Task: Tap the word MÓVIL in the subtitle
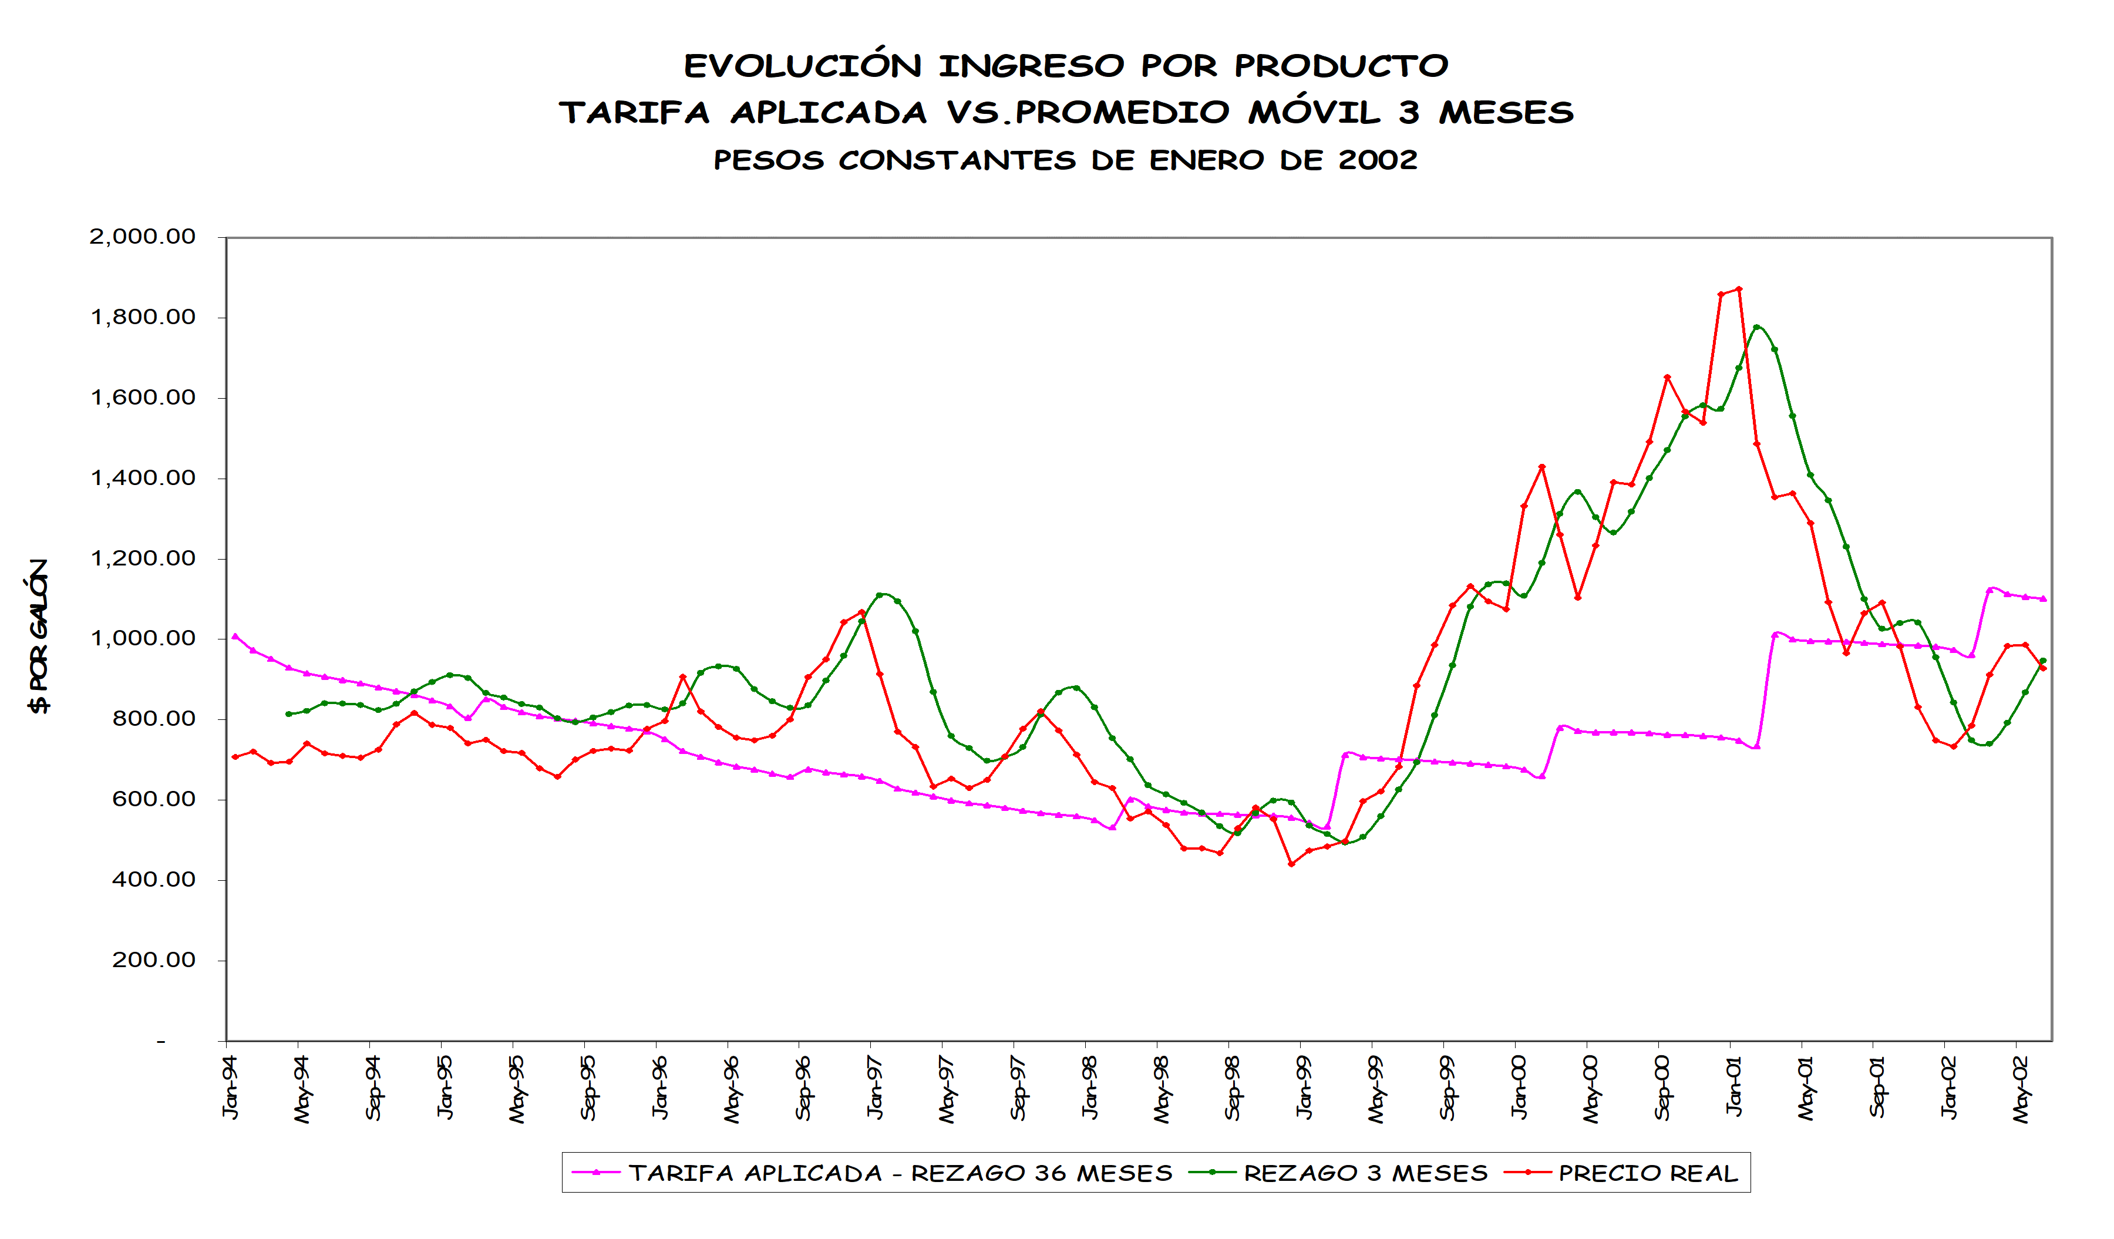(x=1314, y=112)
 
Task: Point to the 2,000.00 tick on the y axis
(x=143, y=237)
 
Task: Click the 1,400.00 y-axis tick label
(x=143, y=478)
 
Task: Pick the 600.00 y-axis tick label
(x=153, y=799)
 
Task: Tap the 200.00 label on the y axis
(x=153, y=959)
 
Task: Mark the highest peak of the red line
(x=1738, y=289)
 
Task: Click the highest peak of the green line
(x=1756, y=327)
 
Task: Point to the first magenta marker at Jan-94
(x=235, y=636)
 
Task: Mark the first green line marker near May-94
(x=288, y=714)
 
